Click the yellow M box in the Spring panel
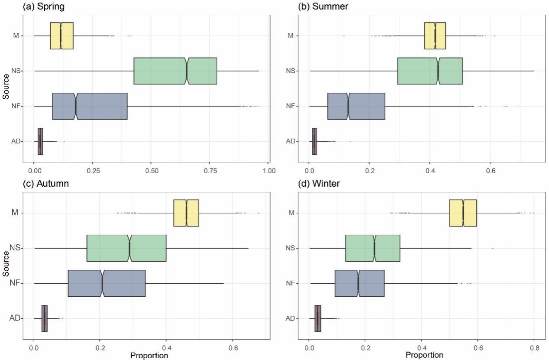[x=61, y=36]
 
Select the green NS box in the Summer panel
[x=430, y=71]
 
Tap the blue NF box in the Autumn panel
[x=107, y=283]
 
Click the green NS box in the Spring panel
[x=175, y=71]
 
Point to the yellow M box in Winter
[x=463, y=213]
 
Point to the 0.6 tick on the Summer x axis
[x=490, y=170]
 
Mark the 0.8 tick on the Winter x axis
[x=534, y=347]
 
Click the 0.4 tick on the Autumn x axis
[x=166, y=347]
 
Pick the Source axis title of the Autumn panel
[x=5, y=265]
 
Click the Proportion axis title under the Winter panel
[x=424, y=355]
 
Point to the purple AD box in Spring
[x=40, y=141]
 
